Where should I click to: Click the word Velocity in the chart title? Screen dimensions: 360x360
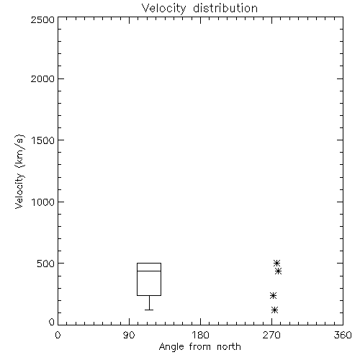(164, 9)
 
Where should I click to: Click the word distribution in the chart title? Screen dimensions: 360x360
(225, 8)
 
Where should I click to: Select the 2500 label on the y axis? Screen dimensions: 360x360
(42, 19)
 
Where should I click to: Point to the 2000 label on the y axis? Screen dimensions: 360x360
(42, 78)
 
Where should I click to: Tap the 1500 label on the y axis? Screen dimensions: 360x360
(43, 140)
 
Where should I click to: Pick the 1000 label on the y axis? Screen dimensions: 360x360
(43, 202)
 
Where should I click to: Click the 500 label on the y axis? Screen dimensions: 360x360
(46, 264)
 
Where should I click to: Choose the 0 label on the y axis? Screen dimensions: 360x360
(52, 322)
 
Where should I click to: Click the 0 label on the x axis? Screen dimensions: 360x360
(58, 335)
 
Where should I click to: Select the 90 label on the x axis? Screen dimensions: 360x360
(129, 335)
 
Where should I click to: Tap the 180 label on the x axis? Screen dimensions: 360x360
(200, 335)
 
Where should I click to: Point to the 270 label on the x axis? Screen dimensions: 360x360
(271, 335)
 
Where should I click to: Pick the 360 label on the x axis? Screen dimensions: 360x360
(343, 335)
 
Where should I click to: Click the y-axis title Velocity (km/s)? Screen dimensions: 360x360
(19, 171)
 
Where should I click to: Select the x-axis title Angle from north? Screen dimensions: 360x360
(199, 347)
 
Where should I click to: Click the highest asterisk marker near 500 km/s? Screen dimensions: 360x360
(276, 263)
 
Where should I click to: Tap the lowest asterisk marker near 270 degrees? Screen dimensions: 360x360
(274, 310)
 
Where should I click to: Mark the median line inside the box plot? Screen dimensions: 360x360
(149, 271)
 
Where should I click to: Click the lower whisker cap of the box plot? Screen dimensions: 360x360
(149, 310)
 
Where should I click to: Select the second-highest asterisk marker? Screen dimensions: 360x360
(278, 271)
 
